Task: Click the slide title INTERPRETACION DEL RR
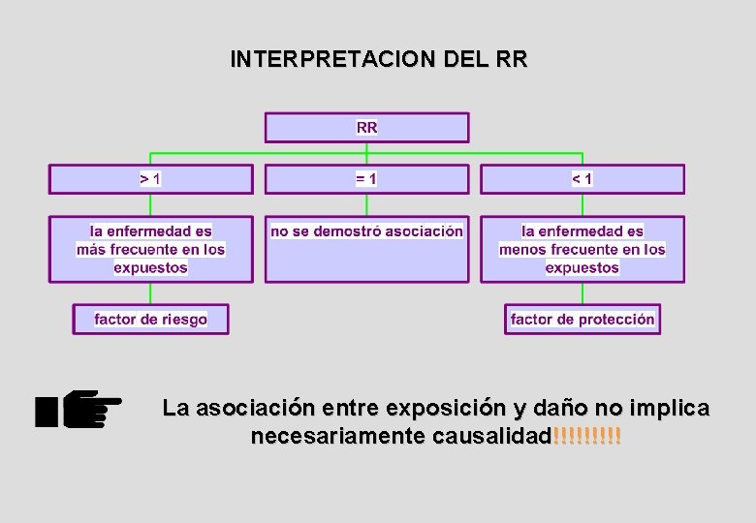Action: coord(379,59)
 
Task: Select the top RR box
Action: coord(366,128)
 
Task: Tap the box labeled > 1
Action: coord(150,179)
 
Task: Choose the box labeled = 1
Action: coord(366,179)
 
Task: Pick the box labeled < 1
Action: coord(582,179)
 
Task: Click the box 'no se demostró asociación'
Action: coord(366,248)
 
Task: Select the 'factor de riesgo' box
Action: coord(150,319)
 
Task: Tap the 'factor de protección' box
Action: coord(582,319)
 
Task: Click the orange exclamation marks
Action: coord(586,437)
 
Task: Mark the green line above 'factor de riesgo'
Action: coord(150,293)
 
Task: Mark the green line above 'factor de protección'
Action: coord(582,293)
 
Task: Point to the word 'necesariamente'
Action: coord(338,437)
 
